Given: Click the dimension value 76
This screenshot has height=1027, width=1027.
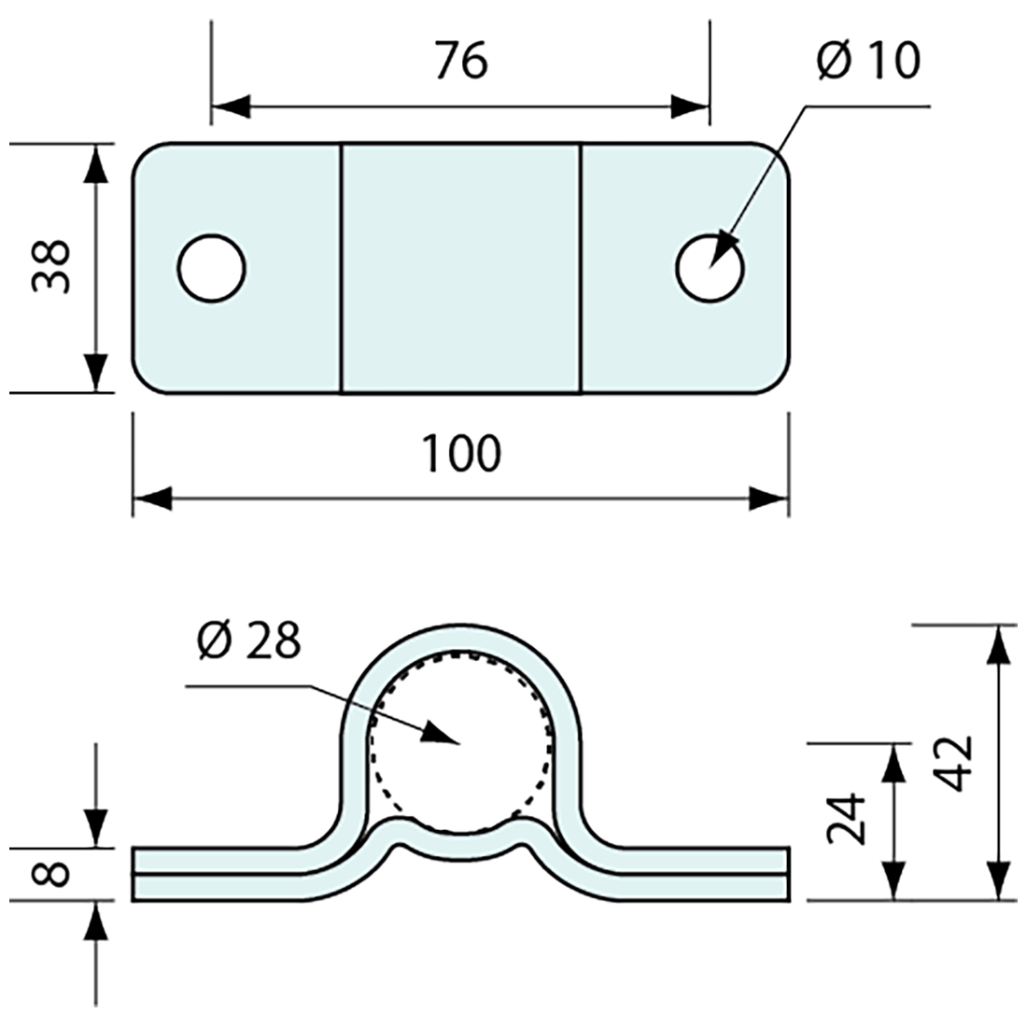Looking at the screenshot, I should click(461, 62).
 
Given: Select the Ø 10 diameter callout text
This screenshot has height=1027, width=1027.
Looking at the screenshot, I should click(867, 62).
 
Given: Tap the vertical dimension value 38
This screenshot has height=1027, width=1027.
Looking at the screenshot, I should click(52, 267).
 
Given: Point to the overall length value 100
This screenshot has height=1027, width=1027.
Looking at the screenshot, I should click(461, 454).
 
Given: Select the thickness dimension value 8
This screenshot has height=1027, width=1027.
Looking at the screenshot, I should click(52, 875).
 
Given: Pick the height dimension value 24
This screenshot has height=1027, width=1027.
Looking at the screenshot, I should click(847, 820).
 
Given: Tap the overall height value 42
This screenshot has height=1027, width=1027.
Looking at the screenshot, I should click(953, 763).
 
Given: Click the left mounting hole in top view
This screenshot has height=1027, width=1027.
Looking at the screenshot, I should click(211, 268).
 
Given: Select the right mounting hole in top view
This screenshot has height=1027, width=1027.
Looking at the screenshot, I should click(710, 268).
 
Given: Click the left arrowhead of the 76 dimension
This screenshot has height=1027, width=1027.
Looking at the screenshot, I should click(230, 106).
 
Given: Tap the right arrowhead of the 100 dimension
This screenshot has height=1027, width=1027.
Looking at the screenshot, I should click(770, 499).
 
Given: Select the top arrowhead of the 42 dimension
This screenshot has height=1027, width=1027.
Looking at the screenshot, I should click(999, 643).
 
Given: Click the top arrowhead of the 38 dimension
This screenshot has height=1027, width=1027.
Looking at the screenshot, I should click(94, 162).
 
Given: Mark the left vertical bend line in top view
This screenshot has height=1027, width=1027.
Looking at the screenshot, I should click(340, 268).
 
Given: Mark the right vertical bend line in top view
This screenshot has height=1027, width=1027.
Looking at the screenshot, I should click(582, 268).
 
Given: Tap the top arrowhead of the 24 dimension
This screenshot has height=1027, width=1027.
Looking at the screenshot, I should click(894, 762).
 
